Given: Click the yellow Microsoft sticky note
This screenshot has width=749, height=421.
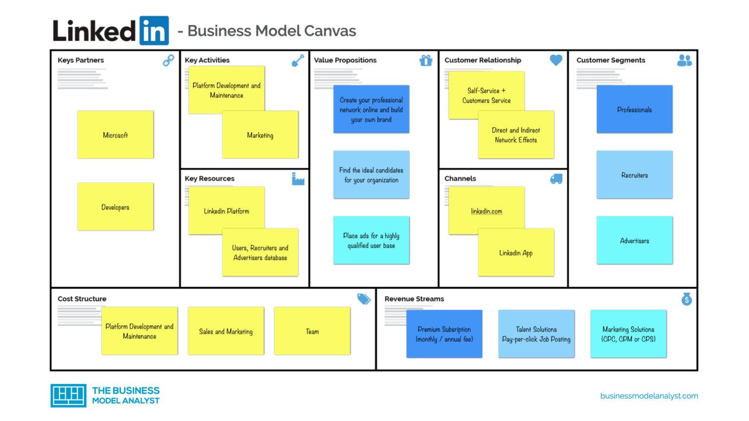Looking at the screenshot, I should (115, 135).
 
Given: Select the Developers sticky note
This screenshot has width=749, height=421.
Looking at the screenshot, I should (115, 207).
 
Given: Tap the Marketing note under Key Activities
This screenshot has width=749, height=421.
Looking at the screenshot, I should (260, 135).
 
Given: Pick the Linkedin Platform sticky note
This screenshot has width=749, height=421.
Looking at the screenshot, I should (226, 210).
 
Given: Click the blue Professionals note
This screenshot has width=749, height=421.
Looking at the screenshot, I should (634, 110).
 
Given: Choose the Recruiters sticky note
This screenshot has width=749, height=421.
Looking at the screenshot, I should (634, 175).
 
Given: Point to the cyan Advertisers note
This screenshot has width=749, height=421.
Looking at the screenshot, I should (634, 240).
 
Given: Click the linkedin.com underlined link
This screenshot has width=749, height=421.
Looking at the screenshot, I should (486, 211).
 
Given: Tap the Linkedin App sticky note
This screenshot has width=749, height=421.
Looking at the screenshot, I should (516, 253).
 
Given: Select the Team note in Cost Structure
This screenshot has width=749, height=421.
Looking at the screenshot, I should (312, 331).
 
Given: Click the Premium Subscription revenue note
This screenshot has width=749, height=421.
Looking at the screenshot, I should (444, 334).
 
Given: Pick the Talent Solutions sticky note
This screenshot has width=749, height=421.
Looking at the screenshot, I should (536, 334).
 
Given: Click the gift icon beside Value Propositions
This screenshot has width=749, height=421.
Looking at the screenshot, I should (426, 60).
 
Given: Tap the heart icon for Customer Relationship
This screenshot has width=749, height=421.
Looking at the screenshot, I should (556, 60).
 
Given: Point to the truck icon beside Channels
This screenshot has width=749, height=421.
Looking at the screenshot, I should (556, 179).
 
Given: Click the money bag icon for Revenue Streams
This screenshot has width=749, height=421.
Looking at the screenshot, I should (687, 299).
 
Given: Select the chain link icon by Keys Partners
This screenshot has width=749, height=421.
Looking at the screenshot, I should (168, 60).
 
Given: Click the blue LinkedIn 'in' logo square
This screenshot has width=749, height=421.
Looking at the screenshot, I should (154, 31).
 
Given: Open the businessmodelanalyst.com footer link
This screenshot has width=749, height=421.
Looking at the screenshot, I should (649, 396).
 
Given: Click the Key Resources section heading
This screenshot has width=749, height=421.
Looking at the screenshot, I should (210, 178).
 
